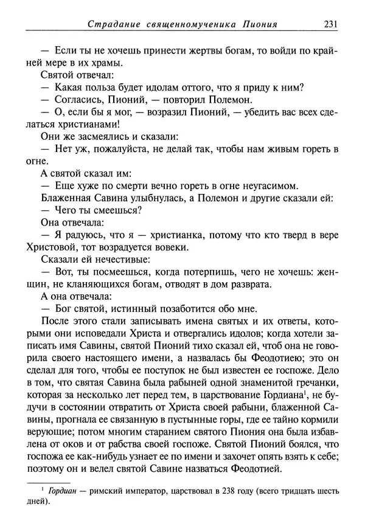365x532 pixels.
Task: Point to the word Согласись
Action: (78, 100)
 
